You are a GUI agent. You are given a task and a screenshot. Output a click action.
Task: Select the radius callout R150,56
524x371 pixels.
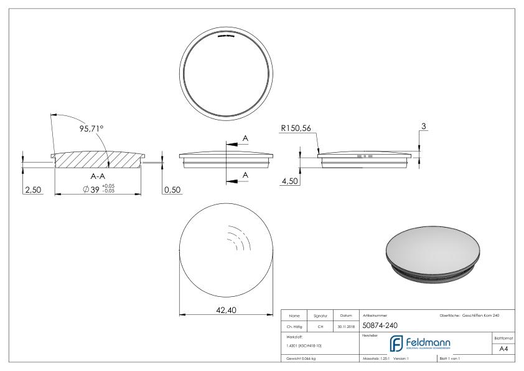pyautogui.click(x=297, y=128)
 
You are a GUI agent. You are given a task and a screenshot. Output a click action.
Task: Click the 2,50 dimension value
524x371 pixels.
pyautogui.click(x=32, y=190)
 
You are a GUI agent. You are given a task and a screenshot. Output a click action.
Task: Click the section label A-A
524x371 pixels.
pyautogui.click(x=98, y=176)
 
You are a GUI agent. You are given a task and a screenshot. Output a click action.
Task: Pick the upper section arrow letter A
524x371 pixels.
pyautogui.click(x=245, y=137)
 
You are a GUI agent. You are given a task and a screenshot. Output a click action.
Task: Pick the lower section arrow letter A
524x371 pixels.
pyautogui.click(x=245, y=175)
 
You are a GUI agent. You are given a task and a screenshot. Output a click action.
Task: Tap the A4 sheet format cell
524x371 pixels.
pyautogui.click(x=504, y=350)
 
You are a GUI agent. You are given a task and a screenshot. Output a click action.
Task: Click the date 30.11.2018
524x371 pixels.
pyautogui.click(x=344, y=326)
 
